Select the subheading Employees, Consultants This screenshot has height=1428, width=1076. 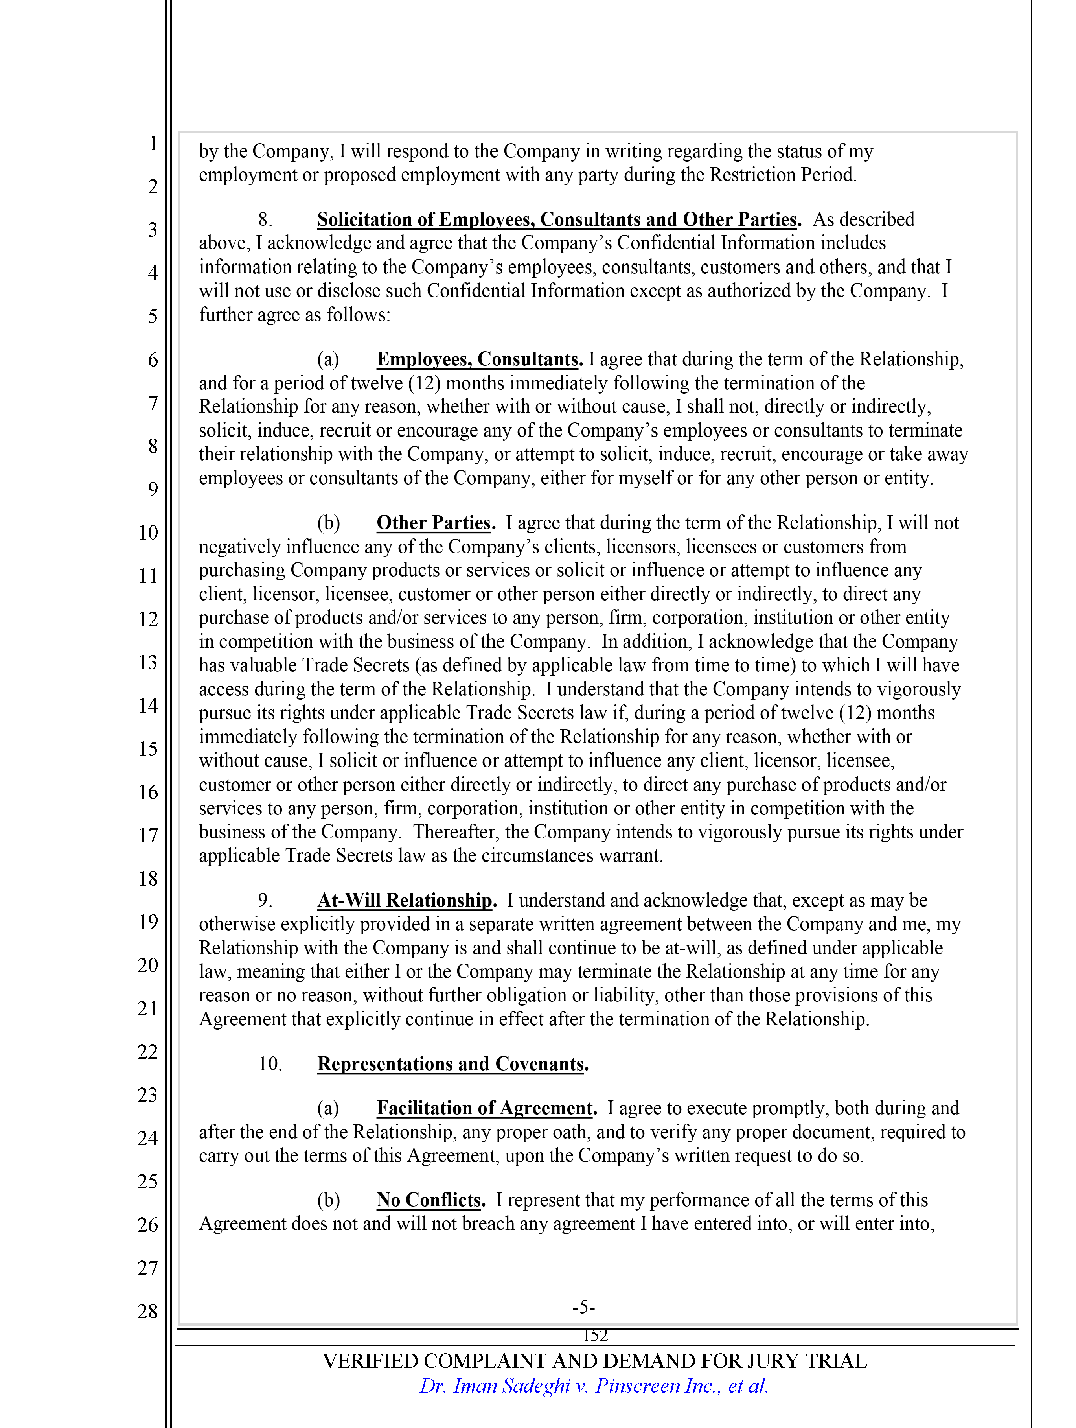[479, 359]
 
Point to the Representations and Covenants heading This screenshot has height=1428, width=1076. [452, 1063]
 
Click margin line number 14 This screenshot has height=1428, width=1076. [148, 705]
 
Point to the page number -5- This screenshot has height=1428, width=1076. [583, 1307]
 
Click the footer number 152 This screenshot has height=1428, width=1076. [595, 1336]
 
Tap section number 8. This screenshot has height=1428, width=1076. [265, 219]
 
